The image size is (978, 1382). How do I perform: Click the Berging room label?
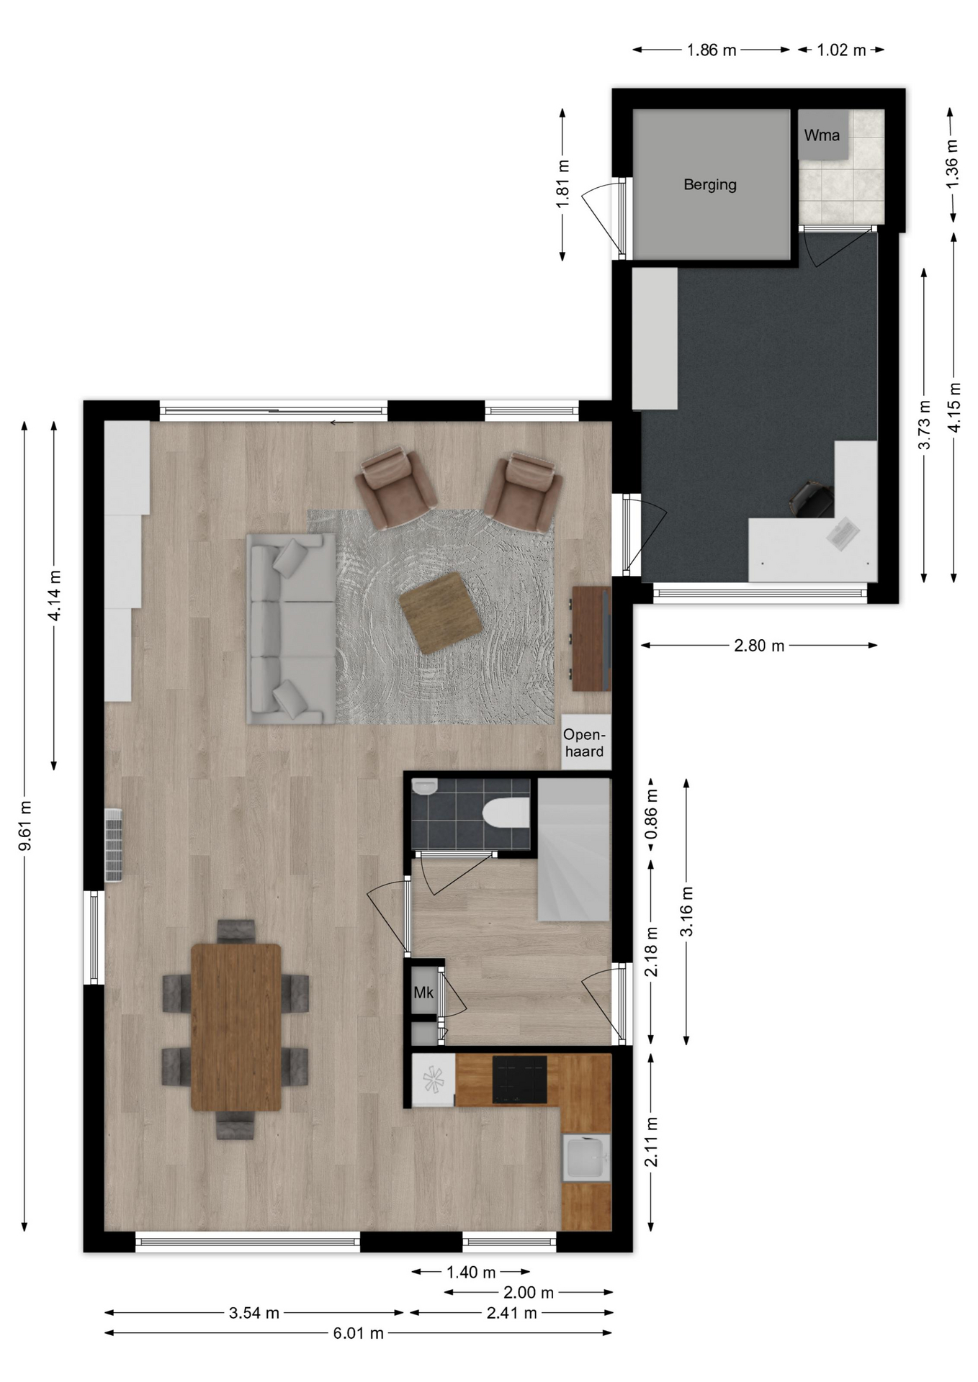tap(709, 185)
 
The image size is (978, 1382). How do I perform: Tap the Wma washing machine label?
tap(822, 135)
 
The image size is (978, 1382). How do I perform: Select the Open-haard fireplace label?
tap(584, 743)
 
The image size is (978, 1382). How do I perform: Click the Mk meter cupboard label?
tap(423, 993)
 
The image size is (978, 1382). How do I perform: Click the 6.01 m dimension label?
tap(358, 1333)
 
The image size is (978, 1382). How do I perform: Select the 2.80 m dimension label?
tap(759, 646)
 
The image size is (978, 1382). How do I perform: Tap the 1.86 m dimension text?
tap(712, 50)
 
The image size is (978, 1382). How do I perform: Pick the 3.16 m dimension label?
tap(687, 911)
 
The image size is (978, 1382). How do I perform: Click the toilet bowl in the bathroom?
tap(506, 813)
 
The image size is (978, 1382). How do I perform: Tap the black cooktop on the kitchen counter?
tap(519, 1080)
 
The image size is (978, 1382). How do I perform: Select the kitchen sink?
tap(586, 1158)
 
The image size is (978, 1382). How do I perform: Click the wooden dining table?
tap(236, 1028)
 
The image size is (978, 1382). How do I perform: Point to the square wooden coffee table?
tap(441, 613)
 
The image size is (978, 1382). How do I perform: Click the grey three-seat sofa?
tap(292, 628)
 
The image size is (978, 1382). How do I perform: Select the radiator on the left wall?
tap(114, 845)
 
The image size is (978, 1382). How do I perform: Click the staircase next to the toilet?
tap(574, 849)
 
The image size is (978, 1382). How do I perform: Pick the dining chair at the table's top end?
tap(236, 931)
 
